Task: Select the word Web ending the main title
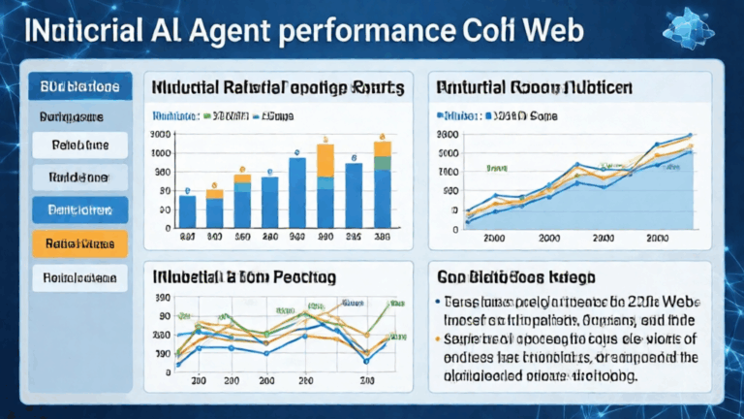pos(549,30)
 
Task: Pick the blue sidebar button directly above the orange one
pos(79,209)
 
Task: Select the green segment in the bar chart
pos(382,148)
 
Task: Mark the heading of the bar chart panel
pos(277,87)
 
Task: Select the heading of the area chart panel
pos(536,87)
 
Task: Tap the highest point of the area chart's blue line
pos(690,135)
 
